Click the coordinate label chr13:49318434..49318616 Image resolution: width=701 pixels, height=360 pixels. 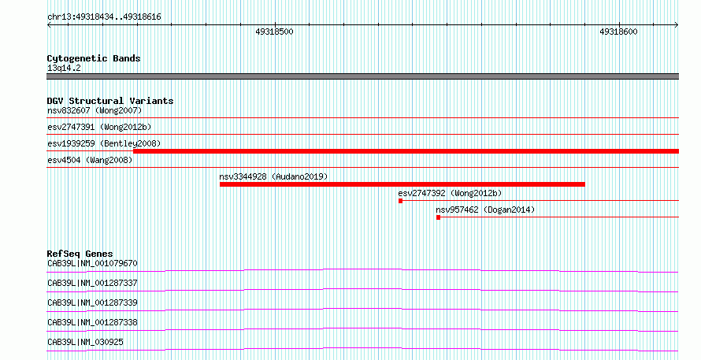pyautogui.click(x=104, y=17)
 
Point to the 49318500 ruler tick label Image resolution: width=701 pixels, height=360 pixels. pyautogui.click(x=275, y=32)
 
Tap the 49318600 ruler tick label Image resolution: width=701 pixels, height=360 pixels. pyautogui.click(x=619, y=32)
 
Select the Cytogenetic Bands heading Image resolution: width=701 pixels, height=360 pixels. pyautogui.click(x=94, y=58)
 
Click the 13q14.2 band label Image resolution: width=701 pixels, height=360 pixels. pyautogui.click(x=64, y=69)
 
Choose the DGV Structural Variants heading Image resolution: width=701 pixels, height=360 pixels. pyautogui.click(x=110, y=101)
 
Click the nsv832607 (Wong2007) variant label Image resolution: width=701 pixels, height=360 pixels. pyautogui.click(x=95, y=110)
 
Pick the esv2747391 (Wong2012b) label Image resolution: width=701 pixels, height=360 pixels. pyautogui.click(x=99, y=128)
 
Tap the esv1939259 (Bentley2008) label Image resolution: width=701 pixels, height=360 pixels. pyautogui.click(x=104, y=144)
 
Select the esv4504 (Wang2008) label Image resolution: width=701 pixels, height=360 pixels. pyautogui.click(x=90, y=160)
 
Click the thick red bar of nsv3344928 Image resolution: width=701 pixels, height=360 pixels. pyautogui.click(x=402, y=184)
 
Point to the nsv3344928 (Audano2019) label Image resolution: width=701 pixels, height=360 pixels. pyautogui.click(x=273, y=176)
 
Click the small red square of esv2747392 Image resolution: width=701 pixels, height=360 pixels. pyautogui.click(x=401, y=201)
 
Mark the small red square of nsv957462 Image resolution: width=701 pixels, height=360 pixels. pyautogui.click(x=438, y=217)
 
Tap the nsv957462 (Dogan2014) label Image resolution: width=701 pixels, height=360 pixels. pyautogui.click(x=485, y=210)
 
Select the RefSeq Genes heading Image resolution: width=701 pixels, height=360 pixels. pyautogui.click(x=80, y=254)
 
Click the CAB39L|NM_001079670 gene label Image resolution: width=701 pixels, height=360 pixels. pyautogui.click(x=92, y=264)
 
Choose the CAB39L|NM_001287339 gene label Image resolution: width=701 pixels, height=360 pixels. pyautogui.click(x=92, y=303)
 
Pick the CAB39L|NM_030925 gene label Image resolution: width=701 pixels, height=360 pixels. pyautogui.click(x=85, y=343)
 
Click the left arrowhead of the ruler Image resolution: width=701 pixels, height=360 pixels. pyautogui.click(x=48, y=25)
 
